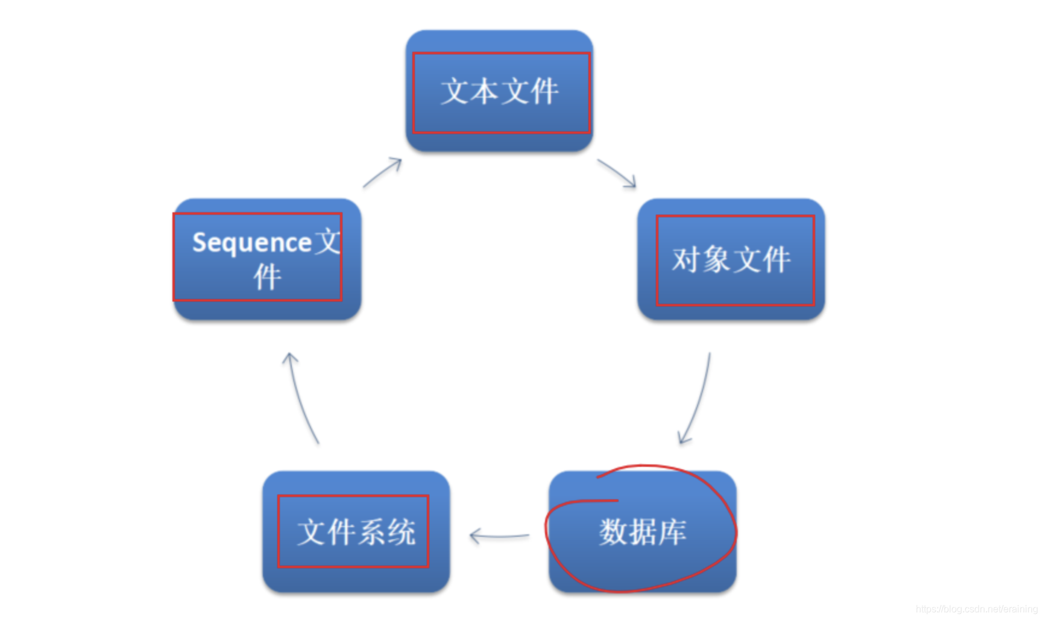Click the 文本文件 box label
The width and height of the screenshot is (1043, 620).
tap(499, 92)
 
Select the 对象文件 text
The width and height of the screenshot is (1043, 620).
tap(731, 260)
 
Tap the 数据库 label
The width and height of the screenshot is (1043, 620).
tap(643, 533)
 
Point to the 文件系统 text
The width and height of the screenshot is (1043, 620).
tap(356, 533)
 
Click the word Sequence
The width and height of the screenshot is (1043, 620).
tap(251, 243)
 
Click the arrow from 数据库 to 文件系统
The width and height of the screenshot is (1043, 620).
tap(499, 536)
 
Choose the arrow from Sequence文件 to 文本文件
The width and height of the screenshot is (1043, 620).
tap(382, 173)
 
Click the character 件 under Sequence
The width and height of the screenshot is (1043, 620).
tap(267, 277)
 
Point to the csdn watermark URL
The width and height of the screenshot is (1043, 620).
tap(976, 609)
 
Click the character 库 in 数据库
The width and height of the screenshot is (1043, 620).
tap(672, 533)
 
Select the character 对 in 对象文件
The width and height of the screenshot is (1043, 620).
tap(685, 260)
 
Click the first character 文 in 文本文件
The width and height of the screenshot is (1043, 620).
tap(455, 92)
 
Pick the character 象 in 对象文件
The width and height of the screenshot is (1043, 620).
tap(716, 260)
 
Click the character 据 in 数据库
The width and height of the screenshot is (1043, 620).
tap(643, 533)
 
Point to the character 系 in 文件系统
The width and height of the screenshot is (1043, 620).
tap(371, 533)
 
